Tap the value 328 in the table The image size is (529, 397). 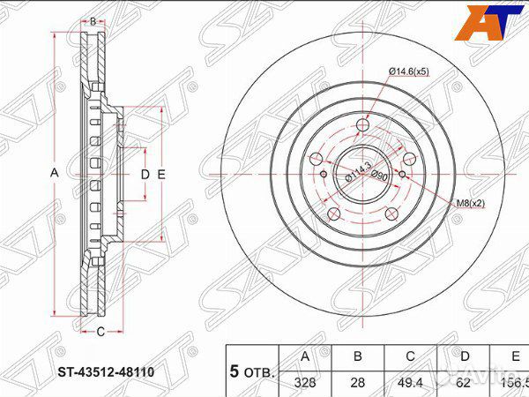305,383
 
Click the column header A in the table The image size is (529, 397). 305,356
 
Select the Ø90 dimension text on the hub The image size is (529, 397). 379,174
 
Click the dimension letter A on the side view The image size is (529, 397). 54,174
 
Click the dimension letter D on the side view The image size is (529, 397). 145,174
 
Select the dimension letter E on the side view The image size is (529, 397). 161,174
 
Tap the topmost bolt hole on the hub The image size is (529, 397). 360,126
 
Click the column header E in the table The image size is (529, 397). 516,356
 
